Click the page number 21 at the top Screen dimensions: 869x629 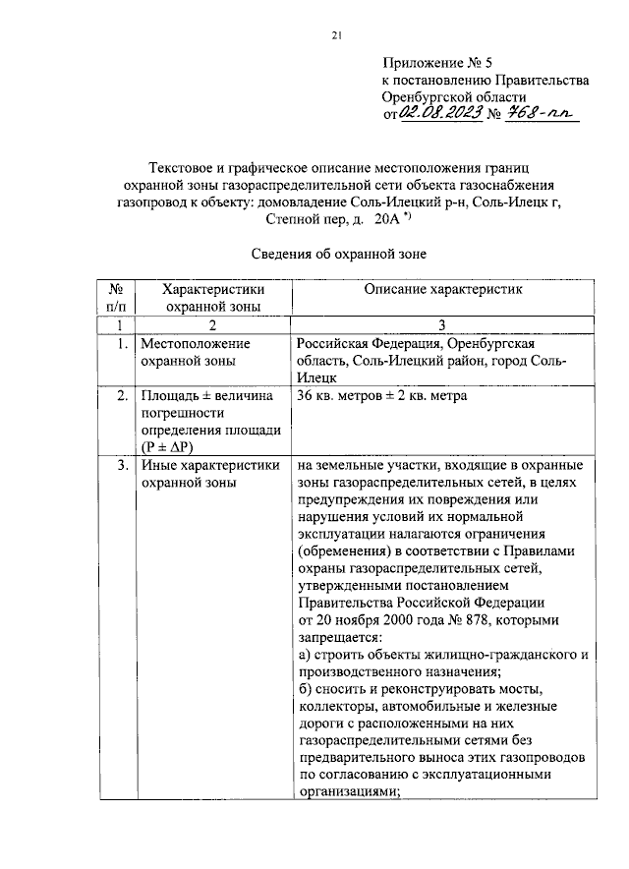coord(335,36)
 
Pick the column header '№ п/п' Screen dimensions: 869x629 coord(116,298)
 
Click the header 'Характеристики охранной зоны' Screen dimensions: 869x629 coord(213,298)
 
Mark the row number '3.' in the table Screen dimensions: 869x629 coord(119,465)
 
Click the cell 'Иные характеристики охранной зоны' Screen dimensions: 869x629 coord(209,474)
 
